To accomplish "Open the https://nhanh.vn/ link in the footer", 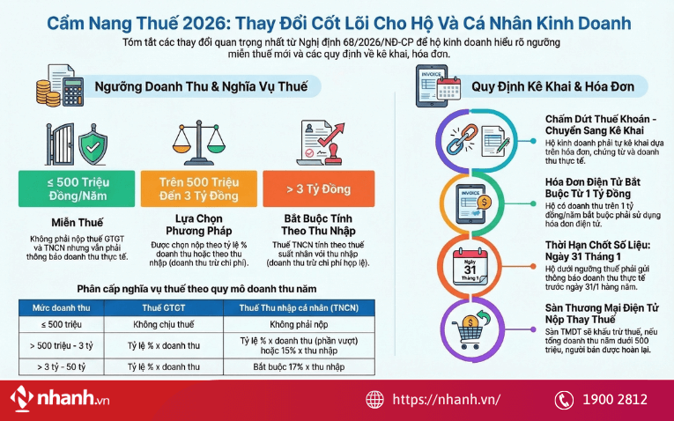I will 446,399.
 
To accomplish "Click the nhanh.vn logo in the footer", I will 61,399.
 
